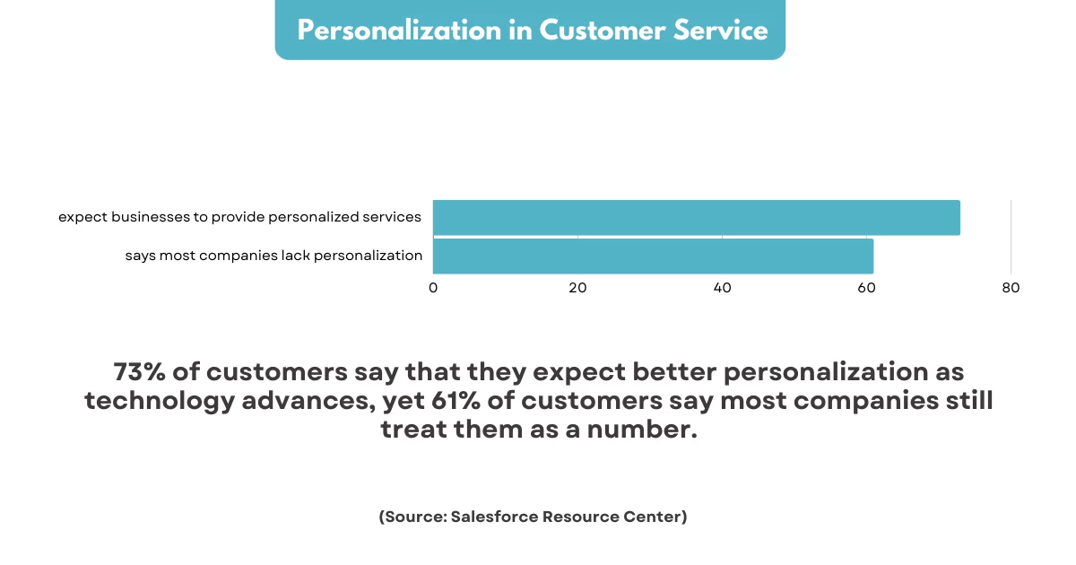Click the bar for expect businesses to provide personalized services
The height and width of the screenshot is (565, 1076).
click(x=696, y=218)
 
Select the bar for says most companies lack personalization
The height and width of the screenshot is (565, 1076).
click(x=653, y=256)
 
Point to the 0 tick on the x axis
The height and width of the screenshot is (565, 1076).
click(x=433, y=288)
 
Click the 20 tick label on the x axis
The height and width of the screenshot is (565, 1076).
click(x=577, y=288)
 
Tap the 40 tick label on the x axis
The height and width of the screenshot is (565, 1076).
click(x=722, y=288)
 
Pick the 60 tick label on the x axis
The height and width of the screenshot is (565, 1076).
click(x=866, y=288)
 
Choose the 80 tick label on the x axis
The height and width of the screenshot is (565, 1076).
click(x=1011, y=288)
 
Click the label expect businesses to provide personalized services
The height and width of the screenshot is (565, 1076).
click(x=239, y=217)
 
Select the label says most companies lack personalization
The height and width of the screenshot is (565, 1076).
click(x=273, y=256)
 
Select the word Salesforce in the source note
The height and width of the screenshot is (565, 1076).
click(x=496, y=517)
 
